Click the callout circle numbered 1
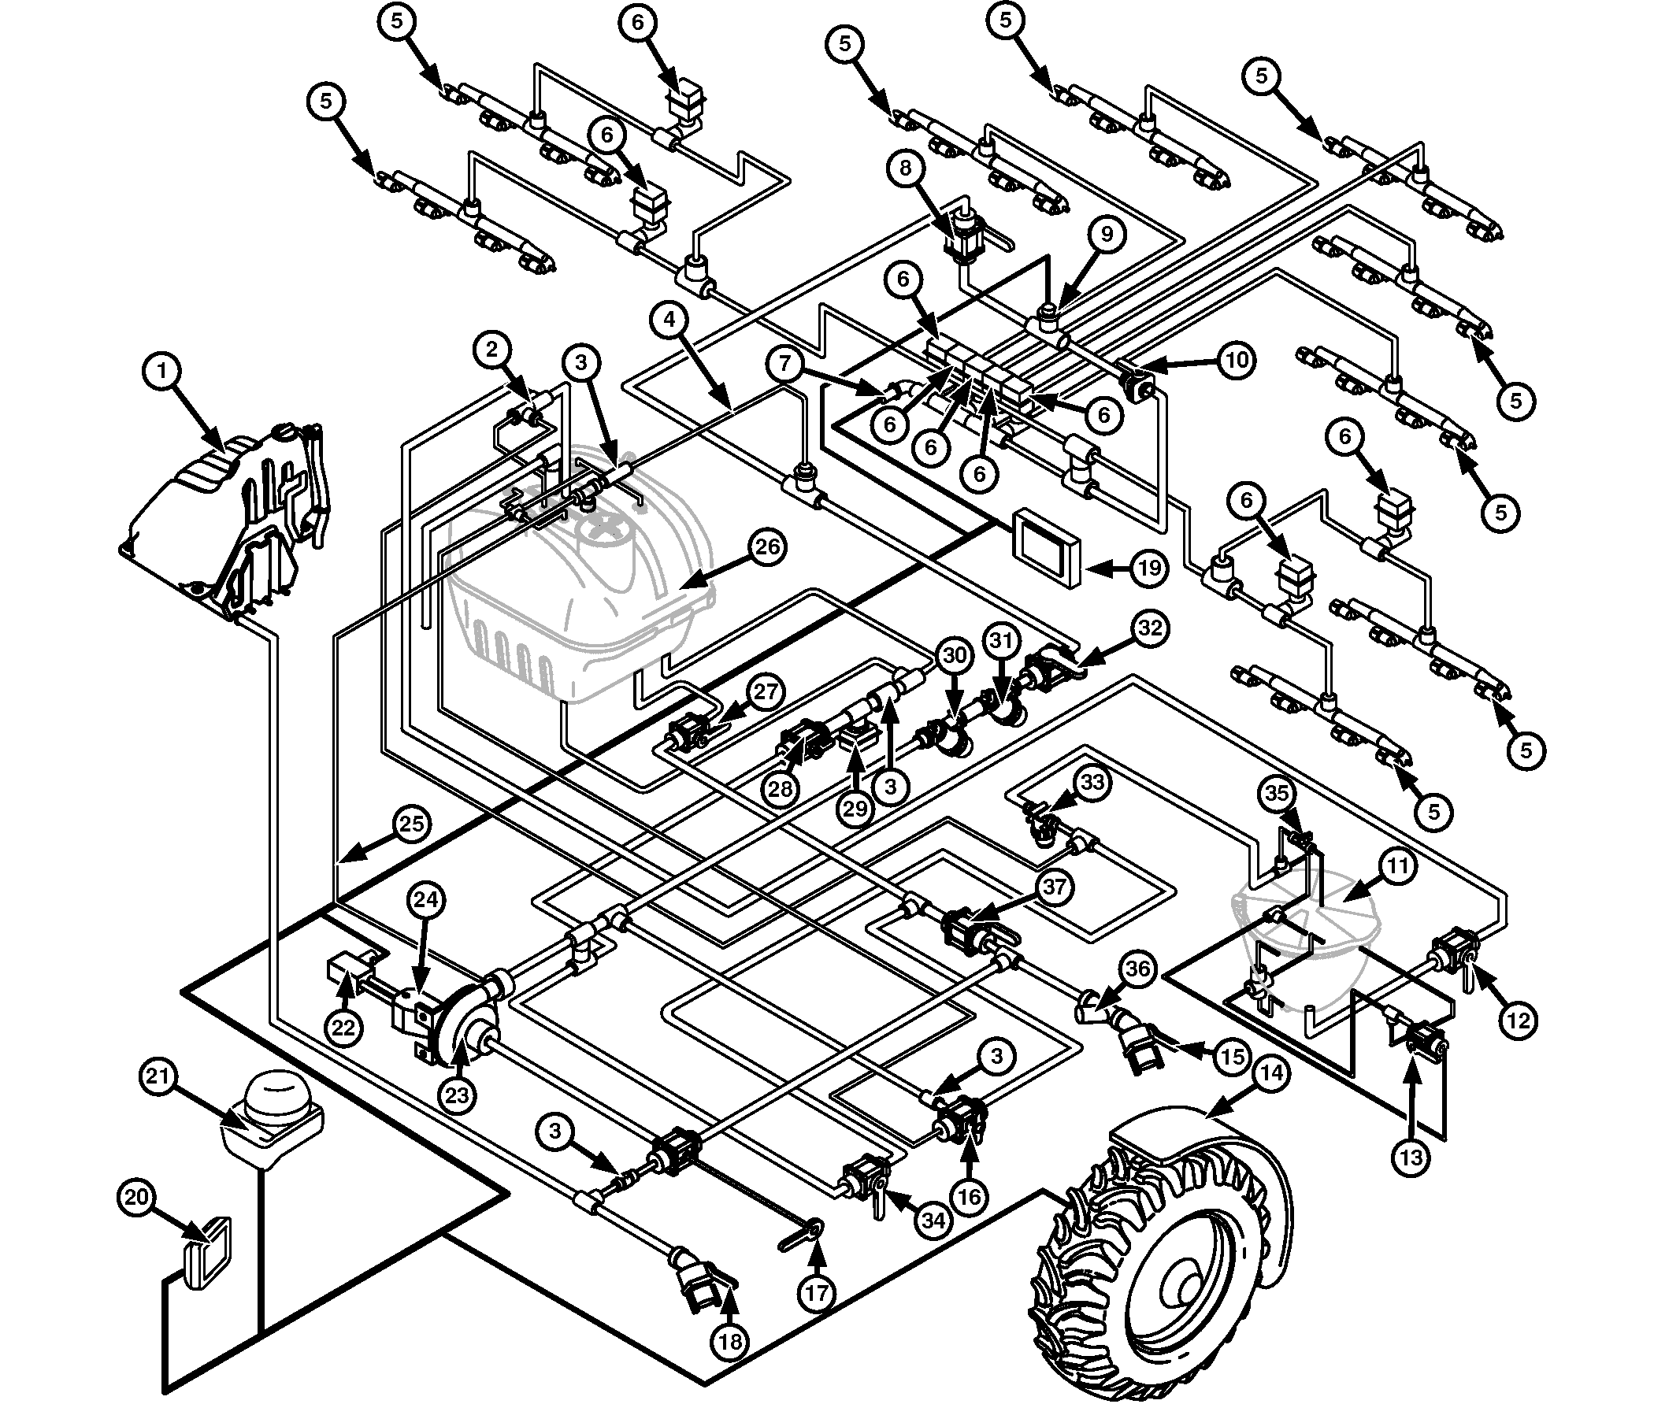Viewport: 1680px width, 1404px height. point(162,371)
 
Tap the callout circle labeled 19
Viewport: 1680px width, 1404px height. point(1150,568)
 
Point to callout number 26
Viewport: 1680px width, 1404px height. point(767,547)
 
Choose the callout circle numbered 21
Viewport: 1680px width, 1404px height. point(158,1076)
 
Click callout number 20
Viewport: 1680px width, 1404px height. point(137,1198)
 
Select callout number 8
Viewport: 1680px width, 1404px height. point(905,168)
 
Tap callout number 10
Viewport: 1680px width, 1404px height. point(1237,360)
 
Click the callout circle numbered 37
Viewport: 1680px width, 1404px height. point(1055,887)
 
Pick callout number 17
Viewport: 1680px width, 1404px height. point(817,1293)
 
